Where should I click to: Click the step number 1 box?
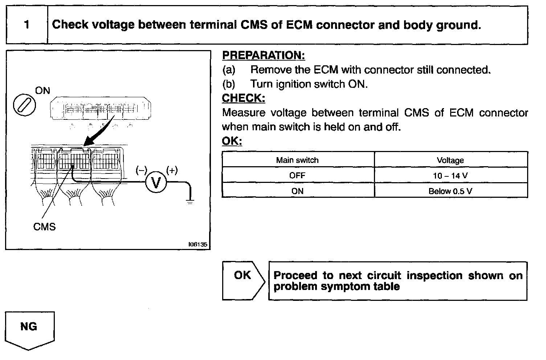27,25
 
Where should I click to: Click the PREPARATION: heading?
263,56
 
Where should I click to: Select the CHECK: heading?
243,98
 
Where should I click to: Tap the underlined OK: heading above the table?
232,141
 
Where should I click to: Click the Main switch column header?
297,160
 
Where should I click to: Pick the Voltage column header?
450,160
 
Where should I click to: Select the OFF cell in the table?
297,175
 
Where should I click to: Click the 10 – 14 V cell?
450,176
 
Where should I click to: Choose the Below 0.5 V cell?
450,191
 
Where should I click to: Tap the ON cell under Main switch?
297,191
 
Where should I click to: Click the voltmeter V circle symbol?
156,183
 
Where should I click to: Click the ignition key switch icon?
24,105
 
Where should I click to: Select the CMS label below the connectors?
44,227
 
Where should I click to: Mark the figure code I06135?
197,245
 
